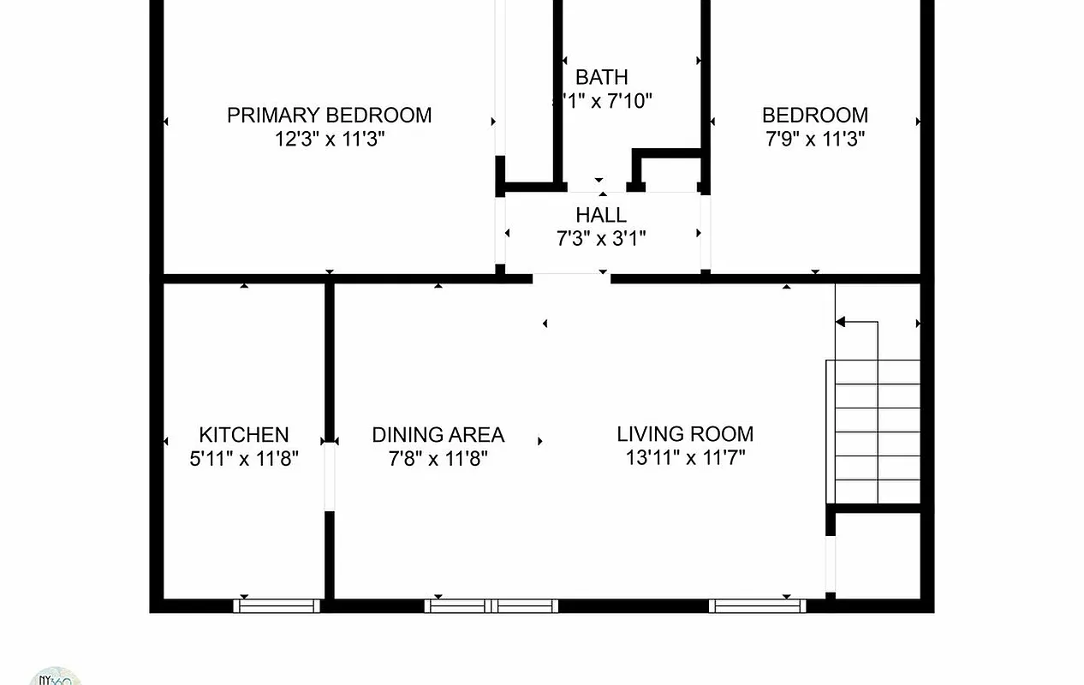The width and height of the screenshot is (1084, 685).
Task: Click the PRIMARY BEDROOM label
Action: (329, 115)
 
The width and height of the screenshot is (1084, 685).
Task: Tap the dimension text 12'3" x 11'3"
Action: (329, 139)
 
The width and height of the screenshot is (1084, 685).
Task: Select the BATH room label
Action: (601, 77)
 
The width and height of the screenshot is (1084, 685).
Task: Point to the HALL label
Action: (601, 215)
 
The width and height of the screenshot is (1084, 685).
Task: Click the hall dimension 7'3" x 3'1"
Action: (601, 238)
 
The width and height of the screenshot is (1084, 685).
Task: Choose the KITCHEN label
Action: (244, 434)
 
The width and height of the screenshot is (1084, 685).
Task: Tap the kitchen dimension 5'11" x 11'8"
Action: (244, 458)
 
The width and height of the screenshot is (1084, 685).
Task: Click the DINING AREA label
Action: (438, 434)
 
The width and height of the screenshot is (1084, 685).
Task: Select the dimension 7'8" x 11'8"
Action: (438, 458)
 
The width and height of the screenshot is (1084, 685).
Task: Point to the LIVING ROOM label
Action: (685, 434)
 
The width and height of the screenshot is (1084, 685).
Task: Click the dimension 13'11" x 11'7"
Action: (685, 457)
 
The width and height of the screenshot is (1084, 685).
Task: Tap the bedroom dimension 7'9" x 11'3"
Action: (815, 139)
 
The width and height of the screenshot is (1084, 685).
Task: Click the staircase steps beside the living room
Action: (873, 432)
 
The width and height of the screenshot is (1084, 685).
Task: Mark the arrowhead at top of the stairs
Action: (840, 323)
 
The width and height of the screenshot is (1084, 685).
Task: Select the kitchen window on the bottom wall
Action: (277, 605)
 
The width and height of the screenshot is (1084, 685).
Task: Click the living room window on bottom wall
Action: (758, 605)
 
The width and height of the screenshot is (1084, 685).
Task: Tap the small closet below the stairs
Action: (877, 555)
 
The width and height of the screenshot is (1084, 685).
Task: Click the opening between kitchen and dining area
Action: (329, 476)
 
